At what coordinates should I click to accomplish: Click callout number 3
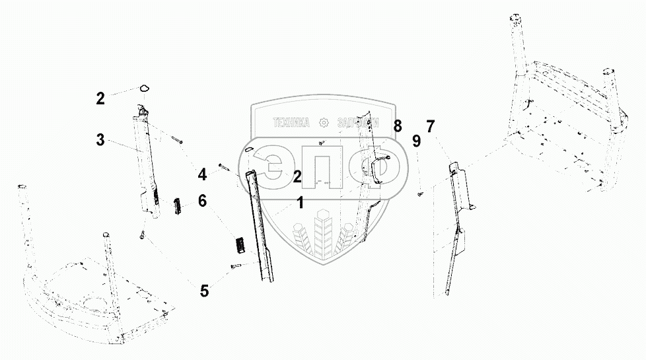pyautogui.click(x=100, y=139)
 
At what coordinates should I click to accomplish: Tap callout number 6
pyautogui.click(x=203, y=199)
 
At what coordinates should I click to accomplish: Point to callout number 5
pyautogui.click(x=204, y=289)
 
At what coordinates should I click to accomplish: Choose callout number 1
pyautogui.click(x=300, y=203)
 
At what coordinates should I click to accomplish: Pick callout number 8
pyautogui.click(x=397, y=125)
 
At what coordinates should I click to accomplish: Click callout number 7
pyautogui.click(x=431, y=126)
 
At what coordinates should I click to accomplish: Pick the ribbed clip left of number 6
pyautogui.click(x=177, y=205)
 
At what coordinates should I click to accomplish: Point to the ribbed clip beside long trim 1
pyautogui.click(x=240, y=244)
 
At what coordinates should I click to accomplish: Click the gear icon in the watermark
pyautogui.click(x=323, y=123)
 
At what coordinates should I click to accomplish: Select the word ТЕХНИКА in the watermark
pyautogui.click(x=291, y=123)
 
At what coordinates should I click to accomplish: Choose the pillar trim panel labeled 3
pyautogui.click(x=149, y=162)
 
